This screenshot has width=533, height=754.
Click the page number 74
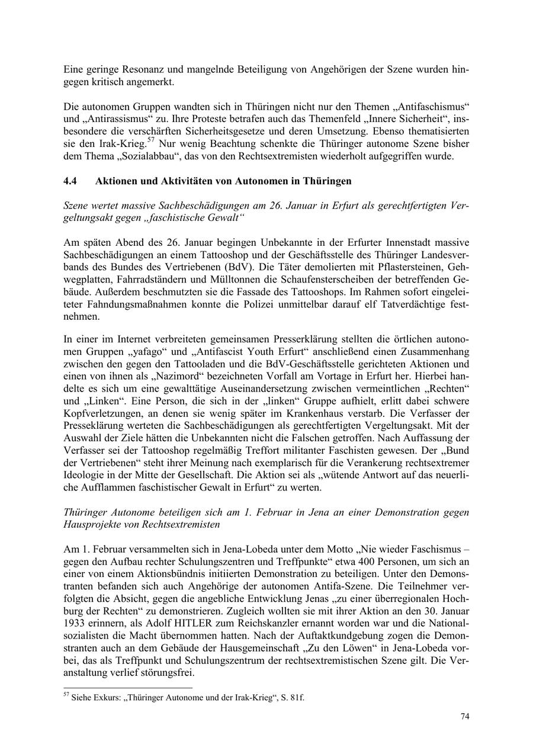coord(465,717)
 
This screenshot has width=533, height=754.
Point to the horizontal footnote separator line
coord(127,688)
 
